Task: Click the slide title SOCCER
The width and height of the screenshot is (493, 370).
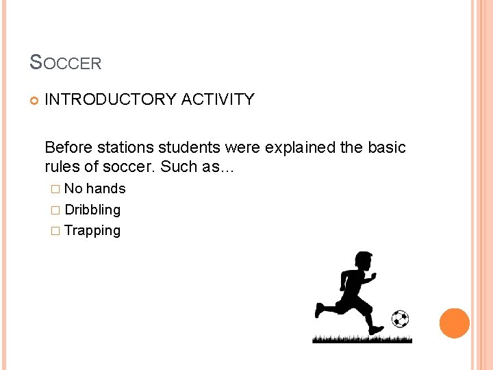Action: point(66,63)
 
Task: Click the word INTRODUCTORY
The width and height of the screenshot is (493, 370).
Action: point(110,99)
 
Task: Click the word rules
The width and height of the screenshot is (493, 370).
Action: point(60,166)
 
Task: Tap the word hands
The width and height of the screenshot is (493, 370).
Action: point(106,188)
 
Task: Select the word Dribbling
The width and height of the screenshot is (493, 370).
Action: point(92,210)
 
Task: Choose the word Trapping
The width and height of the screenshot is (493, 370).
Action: point(92,231)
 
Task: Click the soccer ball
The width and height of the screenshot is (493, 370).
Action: point(400,319)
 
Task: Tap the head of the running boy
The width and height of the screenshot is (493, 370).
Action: point(360,262)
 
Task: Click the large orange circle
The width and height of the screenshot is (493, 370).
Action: point(455,323)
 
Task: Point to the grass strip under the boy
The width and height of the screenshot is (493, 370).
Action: point(362,338)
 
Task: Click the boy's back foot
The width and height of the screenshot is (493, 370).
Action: point(319,309)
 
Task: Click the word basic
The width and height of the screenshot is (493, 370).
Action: point(385,147)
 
